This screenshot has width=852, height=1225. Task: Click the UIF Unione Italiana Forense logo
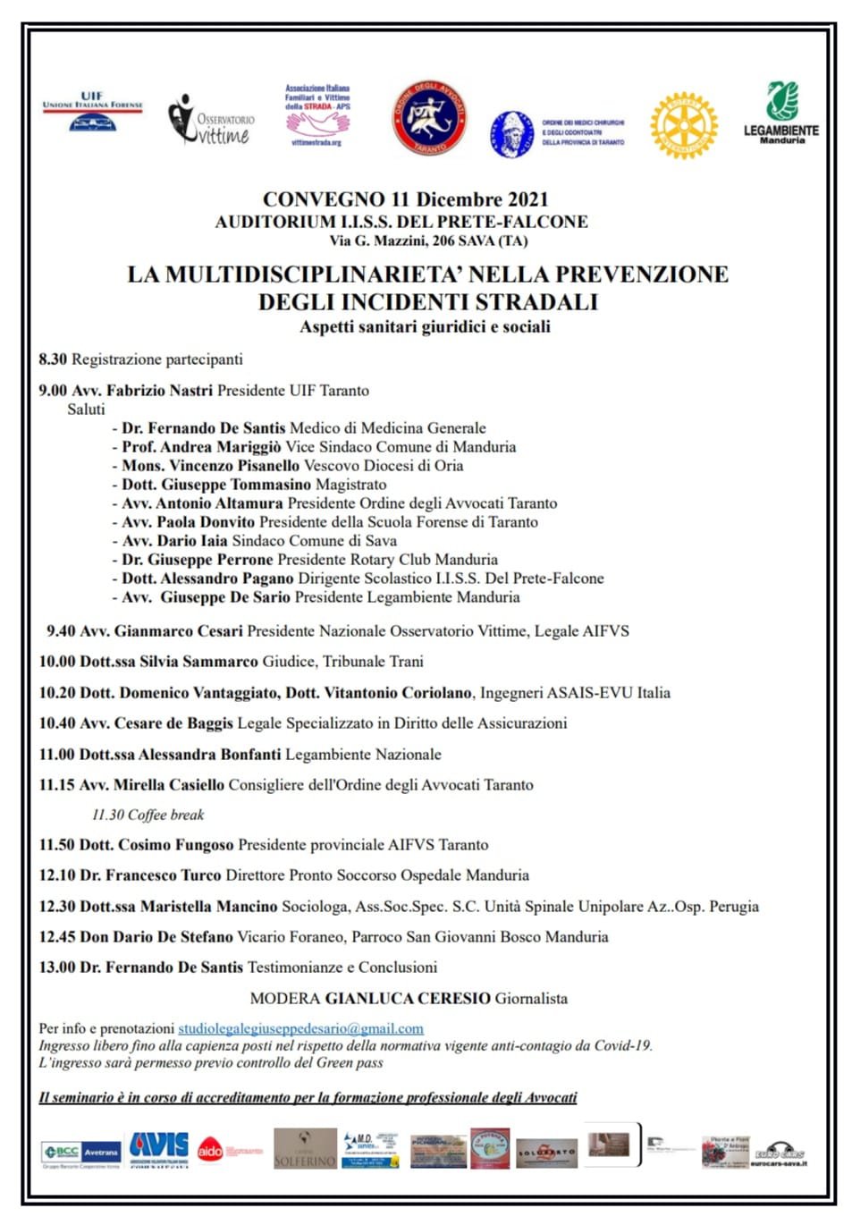tap(93, 112)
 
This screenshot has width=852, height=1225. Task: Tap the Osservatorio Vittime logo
tap(211, 120)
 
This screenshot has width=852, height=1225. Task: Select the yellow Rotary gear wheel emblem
tap(684, 125)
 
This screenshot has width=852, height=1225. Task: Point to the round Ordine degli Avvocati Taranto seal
tap(429, 118)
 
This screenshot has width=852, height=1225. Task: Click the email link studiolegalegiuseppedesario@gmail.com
tap(300, 1028)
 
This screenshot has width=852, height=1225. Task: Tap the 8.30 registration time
tap(53, 359)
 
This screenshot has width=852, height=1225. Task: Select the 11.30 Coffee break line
tap(148, 815)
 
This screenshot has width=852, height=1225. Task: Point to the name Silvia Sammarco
tap(198, 662)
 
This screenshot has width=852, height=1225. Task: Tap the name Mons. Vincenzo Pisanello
tap(211, 466)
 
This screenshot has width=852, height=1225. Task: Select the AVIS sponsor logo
tap(158, 1147)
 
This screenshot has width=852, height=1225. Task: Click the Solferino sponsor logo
tap(305, 1149)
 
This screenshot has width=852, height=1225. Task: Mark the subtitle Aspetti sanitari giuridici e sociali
tap(425, 327)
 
